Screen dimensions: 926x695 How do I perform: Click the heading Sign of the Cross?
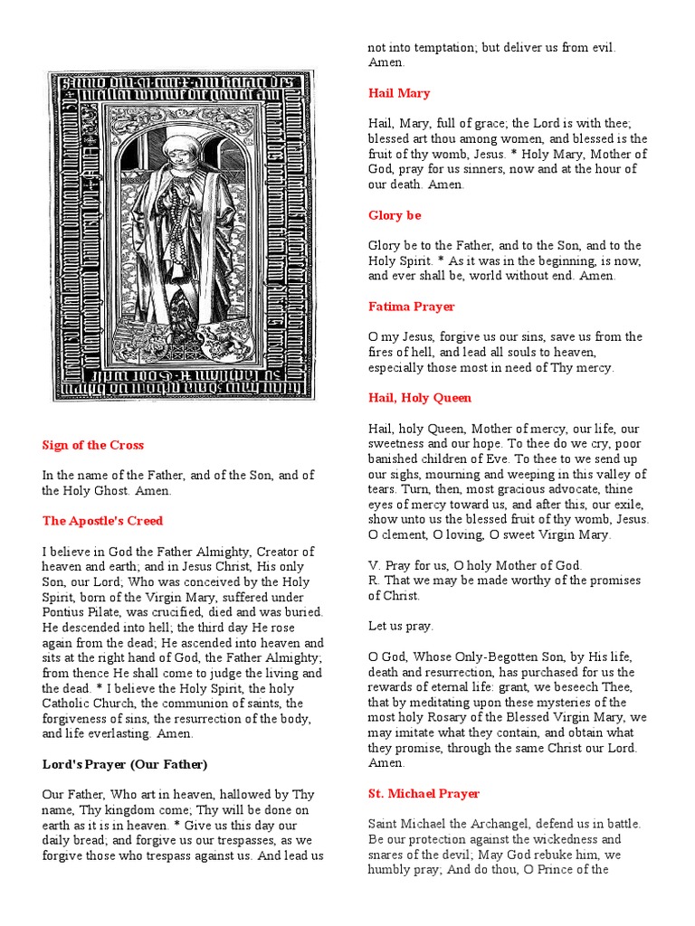[92, 445]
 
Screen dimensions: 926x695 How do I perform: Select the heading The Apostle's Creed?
[102, 521]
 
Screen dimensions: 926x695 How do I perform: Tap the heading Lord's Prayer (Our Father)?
[125, 764]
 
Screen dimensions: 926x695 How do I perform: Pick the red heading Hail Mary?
[399, 93]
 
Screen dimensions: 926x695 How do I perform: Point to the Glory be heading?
[395, 215]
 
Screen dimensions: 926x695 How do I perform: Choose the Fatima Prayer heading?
[411, 307]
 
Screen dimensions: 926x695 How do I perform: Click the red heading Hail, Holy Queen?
[419, 398]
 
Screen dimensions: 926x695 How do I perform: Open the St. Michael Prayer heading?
[424, 793]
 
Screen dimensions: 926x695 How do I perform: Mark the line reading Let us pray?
[400, 626]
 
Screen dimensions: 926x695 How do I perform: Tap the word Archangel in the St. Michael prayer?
[492, 824]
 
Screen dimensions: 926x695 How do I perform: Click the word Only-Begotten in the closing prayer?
[503, 657]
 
